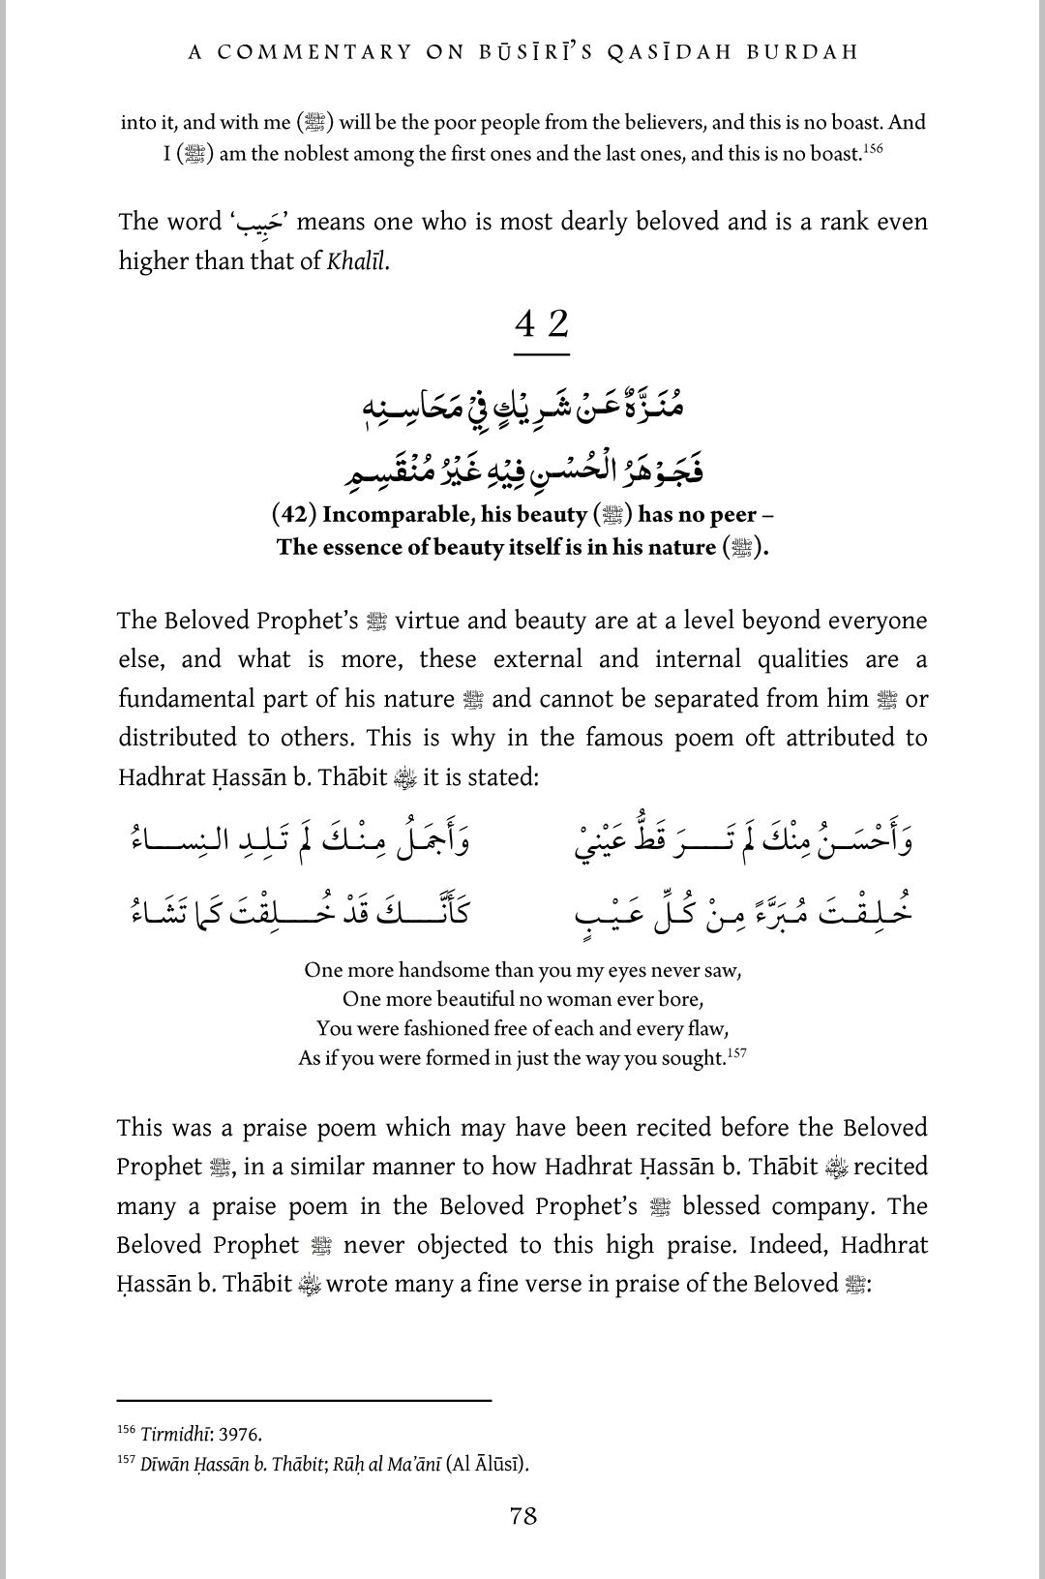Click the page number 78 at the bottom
coord(522,1516)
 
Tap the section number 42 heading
coord(542,323)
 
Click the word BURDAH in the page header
coord(802,52)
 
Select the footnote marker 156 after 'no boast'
coord(874,148)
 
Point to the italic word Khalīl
coord(357,261)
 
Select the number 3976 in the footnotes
coord(240,1435)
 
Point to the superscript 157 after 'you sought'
coord(736,1053)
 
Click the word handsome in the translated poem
coord(443,970)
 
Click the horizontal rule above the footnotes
coord(304,1400)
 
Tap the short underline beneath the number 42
coord(542,354)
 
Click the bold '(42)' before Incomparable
coord(294,514)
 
